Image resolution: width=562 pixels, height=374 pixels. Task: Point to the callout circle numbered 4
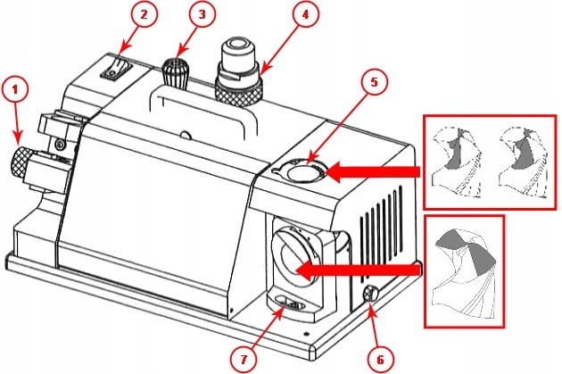[305, 15]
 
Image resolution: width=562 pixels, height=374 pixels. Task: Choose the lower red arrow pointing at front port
[357, 269]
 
